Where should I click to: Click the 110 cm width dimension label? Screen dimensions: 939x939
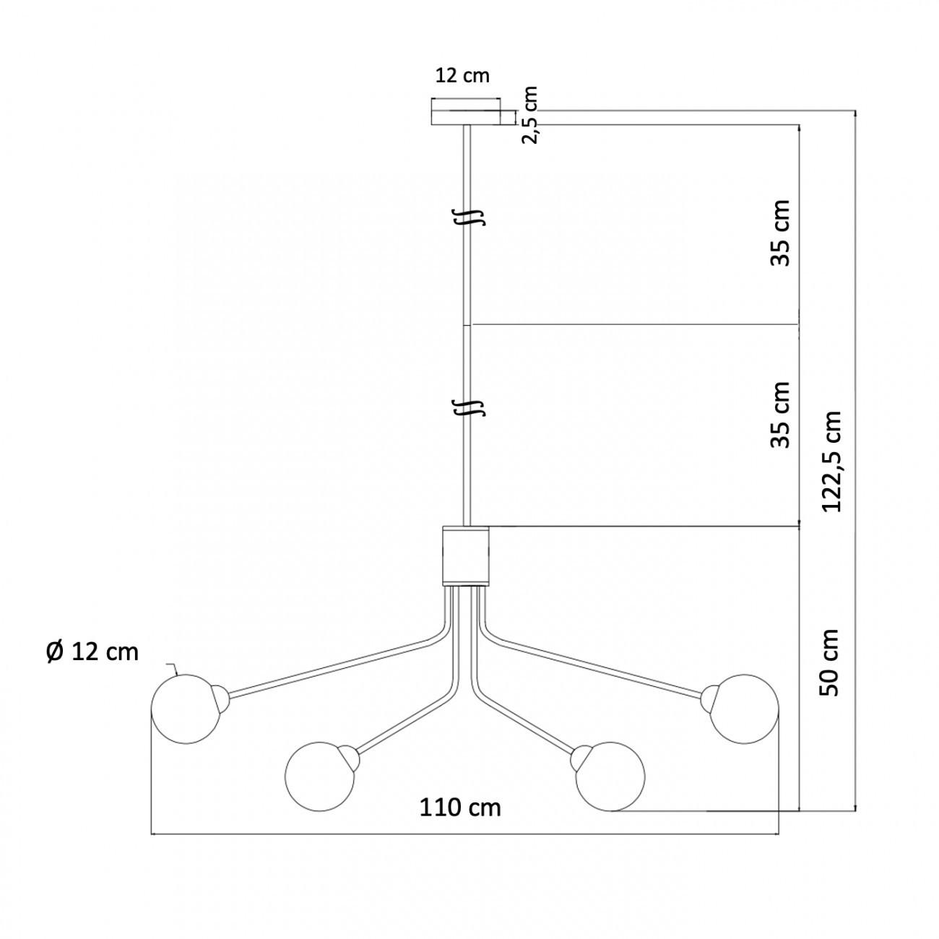(460, 808)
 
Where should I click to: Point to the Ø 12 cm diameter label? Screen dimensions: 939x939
(92, 652)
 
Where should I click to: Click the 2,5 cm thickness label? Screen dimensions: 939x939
(529, 116)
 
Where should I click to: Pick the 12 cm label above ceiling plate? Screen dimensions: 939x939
(462, 76)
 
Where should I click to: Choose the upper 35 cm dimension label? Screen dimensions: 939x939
(779, 233)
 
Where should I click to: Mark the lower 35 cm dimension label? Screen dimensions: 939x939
(779, 415)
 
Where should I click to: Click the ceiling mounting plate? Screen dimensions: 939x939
(466, 113)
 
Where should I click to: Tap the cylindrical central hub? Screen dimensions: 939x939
(465, 555)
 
